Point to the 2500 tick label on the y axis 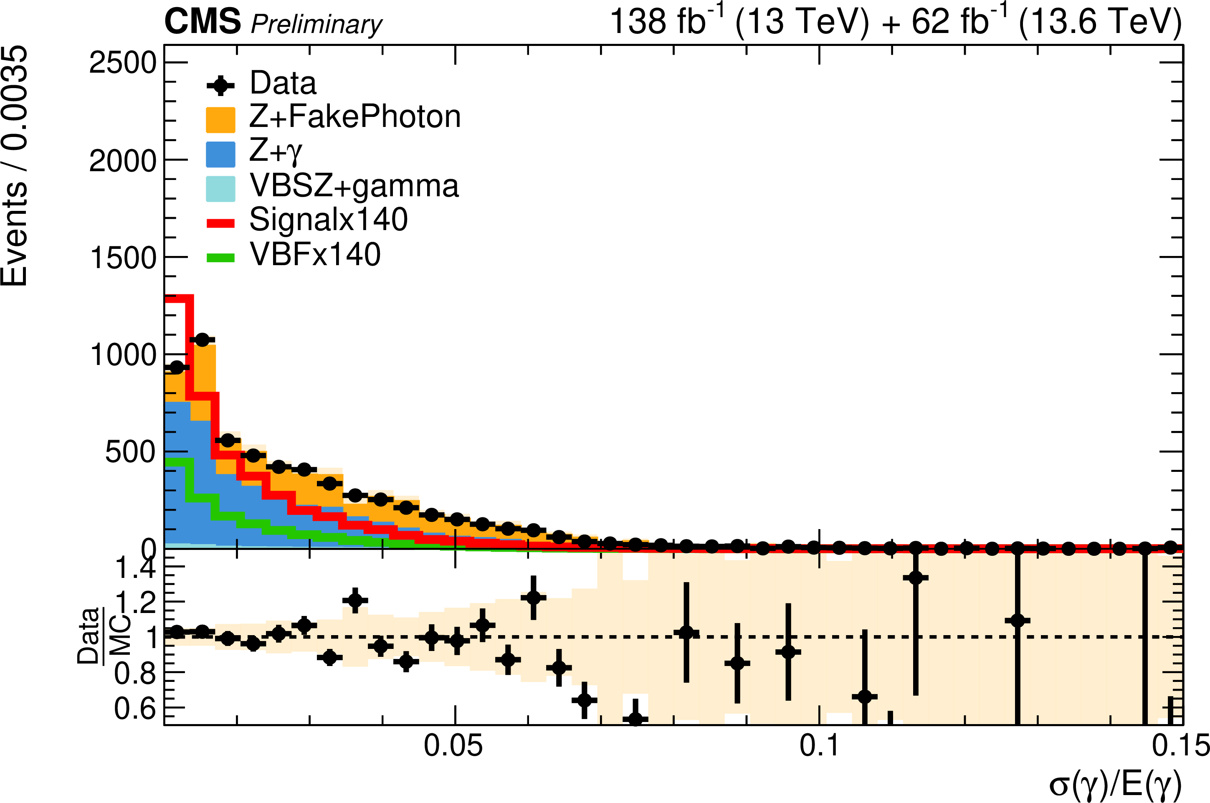122,63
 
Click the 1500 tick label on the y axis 122,258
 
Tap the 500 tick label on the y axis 130,452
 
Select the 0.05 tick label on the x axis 453,746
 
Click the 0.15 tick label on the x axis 1181,746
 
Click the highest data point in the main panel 202,339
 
